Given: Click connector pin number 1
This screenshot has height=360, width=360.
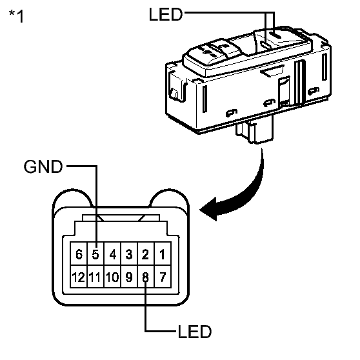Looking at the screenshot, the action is click(x=163, y=254).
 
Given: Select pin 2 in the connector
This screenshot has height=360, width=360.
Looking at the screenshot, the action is click(x=146, y=254).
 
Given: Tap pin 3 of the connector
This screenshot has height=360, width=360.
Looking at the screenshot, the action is click(x=129, y=254).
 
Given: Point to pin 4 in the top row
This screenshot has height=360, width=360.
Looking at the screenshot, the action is click(x=112, y=254).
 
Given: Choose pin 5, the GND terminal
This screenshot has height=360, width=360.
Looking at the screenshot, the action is click(x=95, y=254).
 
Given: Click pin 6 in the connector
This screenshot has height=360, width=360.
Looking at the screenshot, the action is click(x=79, y=254).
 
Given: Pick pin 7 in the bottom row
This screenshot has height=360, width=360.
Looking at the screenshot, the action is click(x=163, y=276).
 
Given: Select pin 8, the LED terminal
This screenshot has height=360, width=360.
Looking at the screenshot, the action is click(x=146, y=276).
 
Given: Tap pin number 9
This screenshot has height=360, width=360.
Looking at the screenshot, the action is click(x=129, y=276).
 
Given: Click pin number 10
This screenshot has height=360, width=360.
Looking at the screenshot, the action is click(x=112, y=276).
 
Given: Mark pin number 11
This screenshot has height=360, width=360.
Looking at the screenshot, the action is click(x=95, y=276).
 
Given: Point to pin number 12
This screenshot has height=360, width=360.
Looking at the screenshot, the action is click(x=79, y=276).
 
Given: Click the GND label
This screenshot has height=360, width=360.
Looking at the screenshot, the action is click(x=43, y=166).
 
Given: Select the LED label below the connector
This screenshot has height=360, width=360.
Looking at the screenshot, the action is click(x=194, y=332).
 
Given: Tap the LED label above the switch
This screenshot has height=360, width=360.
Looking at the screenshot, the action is click(x=166, y=14).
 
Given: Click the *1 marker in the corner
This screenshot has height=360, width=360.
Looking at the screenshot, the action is click(x=16, y=15).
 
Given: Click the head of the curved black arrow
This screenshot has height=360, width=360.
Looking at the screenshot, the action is click(x=208, y=209).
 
